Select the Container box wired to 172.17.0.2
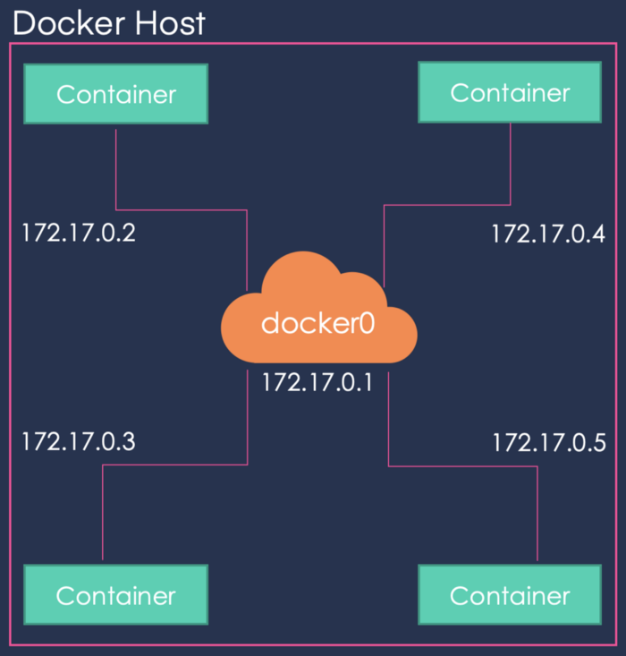click(x=115, y=93)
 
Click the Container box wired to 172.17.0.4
click(x=510, y=92)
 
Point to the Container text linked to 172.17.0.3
click(x=115, y=595)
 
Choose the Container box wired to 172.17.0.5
click(x=510, y=594)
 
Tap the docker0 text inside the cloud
click(x=317, y=323)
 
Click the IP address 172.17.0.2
click(x=79, y=234)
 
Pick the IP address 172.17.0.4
click(x=547, y=234)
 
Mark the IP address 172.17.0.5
click(x=549, y=442)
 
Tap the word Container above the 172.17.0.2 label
click(x=115, y=93)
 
